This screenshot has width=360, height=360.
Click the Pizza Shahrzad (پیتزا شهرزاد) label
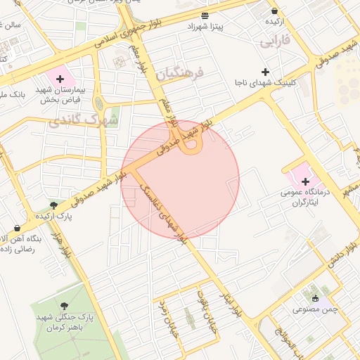pos(204,26)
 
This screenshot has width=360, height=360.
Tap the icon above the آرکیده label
pos(274,11)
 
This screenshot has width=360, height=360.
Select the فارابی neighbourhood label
pos(275,41)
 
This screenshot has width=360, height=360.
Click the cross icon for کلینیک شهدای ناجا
pos(265,72)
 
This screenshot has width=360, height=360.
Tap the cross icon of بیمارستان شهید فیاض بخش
pos(60,79)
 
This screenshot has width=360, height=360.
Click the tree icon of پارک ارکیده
pos(53,205)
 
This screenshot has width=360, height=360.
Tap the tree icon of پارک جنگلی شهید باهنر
pos(65,306)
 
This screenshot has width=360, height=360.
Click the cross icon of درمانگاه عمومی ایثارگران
pos(305,181)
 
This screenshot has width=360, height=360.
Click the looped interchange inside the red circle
pos(191,143)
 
